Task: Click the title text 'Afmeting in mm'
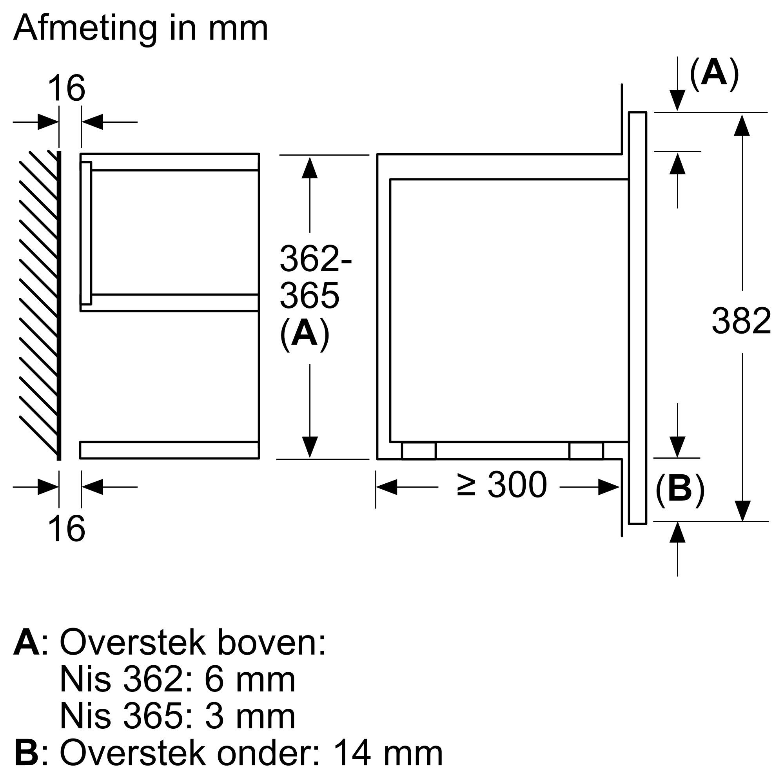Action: (140, 28)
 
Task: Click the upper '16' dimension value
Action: (67, 89)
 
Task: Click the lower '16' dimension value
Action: (67, 529)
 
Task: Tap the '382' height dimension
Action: (741, 321)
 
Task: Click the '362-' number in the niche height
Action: (316, 258)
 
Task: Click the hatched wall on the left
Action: (38, 304)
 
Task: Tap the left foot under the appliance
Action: (418, 451)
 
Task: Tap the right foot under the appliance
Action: (586, 451)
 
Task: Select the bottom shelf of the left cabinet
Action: (169, 450)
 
